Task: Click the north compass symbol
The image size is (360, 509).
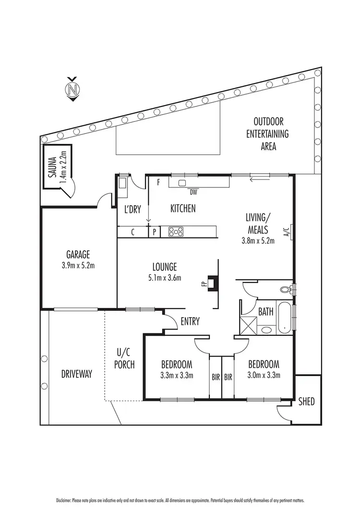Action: pos(72,89)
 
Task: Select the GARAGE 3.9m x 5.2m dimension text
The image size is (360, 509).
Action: pos(78,264)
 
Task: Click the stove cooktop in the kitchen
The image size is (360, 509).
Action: pos(176,232)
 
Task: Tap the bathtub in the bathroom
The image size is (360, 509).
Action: pos(285,317)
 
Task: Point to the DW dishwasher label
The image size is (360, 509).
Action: pos(193,193)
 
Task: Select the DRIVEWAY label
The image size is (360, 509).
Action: pos(76,373)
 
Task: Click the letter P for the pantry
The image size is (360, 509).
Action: pos(154,232)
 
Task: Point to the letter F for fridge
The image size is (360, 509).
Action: pos(158,182)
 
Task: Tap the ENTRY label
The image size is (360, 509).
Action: pos(190,321)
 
